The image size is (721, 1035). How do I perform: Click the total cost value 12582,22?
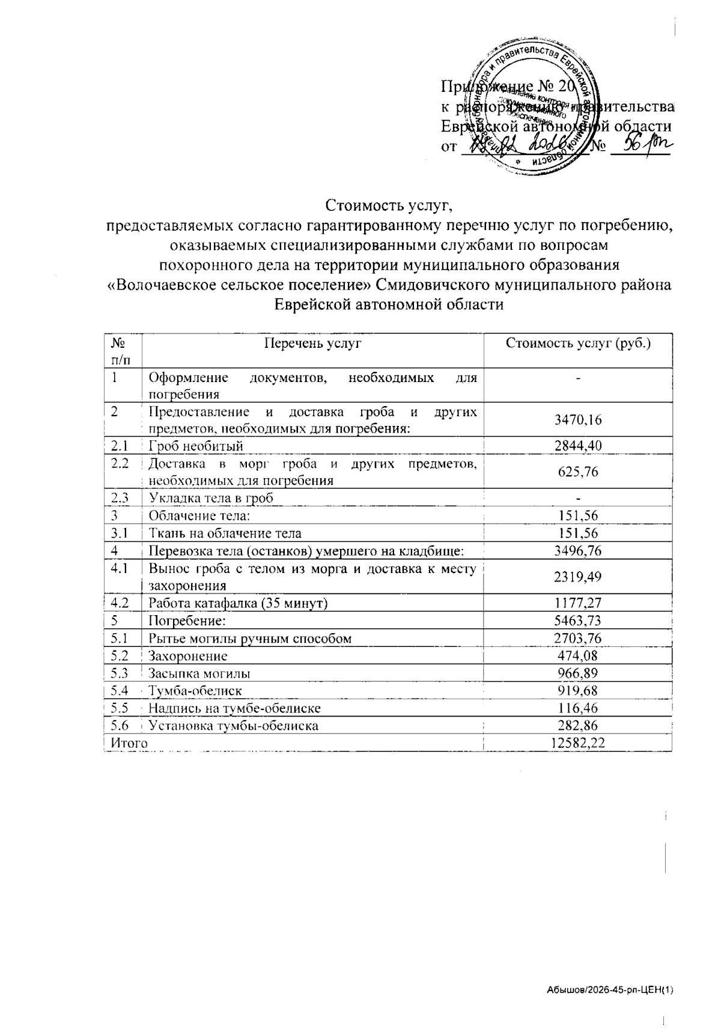pyautogui.click(x=577, y=743)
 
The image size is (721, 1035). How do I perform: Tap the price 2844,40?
pyautogui.click(x=577, y=445)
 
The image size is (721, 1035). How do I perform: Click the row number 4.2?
pyautogui.click(x=121, y=602)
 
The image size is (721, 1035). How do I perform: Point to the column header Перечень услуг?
pyautogui.click(x=312, y=344)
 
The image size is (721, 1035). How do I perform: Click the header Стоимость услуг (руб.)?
pyautogui.click(x=578, y=344)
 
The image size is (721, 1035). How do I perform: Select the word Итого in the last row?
pyautogui.click(x=129, y=743)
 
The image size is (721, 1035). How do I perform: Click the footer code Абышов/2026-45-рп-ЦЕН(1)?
pyautogui.click(x=610, y=990)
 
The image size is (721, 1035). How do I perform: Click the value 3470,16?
pyautogui.click(x=577, y=419)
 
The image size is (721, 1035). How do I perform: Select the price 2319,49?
pyautogui.click(x=577, y=577)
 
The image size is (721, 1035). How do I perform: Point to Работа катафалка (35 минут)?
pyautogui.click(x=238, y=602)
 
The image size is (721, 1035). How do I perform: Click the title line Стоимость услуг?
pyautogui.click(x=388, y=206)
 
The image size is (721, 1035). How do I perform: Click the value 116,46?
pyautogui.click(x=577, y=708)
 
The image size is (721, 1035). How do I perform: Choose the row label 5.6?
pyautogui.click(x=121, y=725)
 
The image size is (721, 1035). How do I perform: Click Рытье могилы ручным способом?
pyautogui.click(x=250, y=638)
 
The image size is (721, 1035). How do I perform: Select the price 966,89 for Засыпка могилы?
pyautogui.click(x=577, y=673)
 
